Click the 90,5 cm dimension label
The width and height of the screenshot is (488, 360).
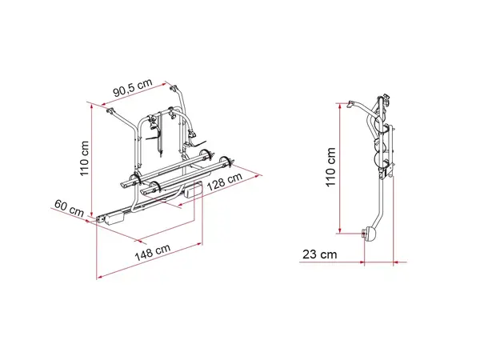coord(133,87)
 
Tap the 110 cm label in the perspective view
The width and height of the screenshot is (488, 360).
coord(84,158)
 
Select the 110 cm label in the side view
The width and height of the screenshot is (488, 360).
coord(330,167)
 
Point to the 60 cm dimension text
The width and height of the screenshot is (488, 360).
coord(69,208)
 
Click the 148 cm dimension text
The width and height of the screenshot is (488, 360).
coord(153,252)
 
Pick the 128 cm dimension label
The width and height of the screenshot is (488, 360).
coord(224,181)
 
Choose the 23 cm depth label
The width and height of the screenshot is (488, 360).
coord(320,254)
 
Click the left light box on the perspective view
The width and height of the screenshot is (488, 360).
coord(114,217)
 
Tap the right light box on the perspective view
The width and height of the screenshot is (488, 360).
coord(194,189)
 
